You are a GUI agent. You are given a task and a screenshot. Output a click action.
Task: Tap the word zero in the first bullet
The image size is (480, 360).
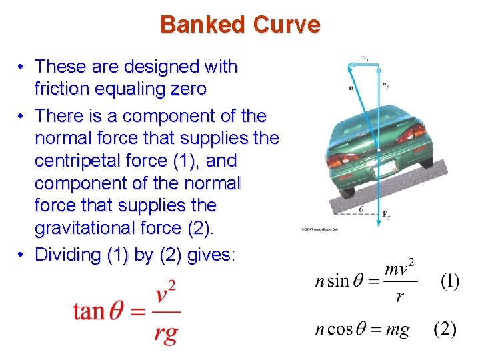(x=184, y=89)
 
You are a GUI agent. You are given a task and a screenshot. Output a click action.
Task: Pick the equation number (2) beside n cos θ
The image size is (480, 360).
(x=445, y=329)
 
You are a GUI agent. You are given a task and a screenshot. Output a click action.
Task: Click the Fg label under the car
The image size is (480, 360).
(x=386, y=215)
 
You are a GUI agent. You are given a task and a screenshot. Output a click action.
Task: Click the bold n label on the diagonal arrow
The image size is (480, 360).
(x=351, y=87)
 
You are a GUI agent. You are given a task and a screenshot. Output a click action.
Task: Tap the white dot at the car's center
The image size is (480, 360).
(x=379, y=152)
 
